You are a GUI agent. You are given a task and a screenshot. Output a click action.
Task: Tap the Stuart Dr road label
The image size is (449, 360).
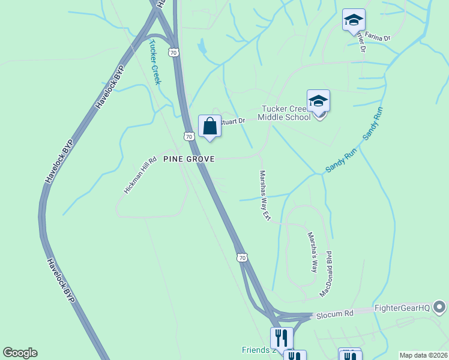click(234, 121)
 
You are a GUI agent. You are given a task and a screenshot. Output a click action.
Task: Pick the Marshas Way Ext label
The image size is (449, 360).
click(264, 196)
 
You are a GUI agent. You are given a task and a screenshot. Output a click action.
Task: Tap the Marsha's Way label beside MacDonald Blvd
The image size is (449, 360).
click(312, 252)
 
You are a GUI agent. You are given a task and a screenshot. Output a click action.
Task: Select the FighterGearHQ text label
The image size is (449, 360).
click(402, 308)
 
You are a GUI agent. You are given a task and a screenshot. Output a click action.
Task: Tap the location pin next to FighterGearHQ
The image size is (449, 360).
click(439, 308)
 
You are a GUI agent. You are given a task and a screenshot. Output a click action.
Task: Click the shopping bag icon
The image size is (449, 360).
click(209, 127)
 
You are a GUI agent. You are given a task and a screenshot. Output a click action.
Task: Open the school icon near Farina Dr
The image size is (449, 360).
click(354, 20)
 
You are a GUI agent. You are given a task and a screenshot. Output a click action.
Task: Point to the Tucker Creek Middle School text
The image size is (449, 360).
click(284, 113)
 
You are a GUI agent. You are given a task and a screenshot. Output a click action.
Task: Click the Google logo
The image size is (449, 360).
click(20, 353)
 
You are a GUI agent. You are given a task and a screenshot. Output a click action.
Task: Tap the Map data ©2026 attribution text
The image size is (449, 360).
click(423, 355)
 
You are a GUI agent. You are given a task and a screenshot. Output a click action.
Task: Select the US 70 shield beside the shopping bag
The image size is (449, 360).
click(189, 137)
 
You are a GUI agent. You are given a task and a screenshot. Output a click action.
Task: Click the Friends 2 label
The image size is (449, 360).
click(258, 350)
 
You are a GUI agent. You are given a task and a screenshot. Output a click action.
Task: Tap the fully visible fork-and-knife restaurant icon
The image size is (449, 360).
click(281, 338)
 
